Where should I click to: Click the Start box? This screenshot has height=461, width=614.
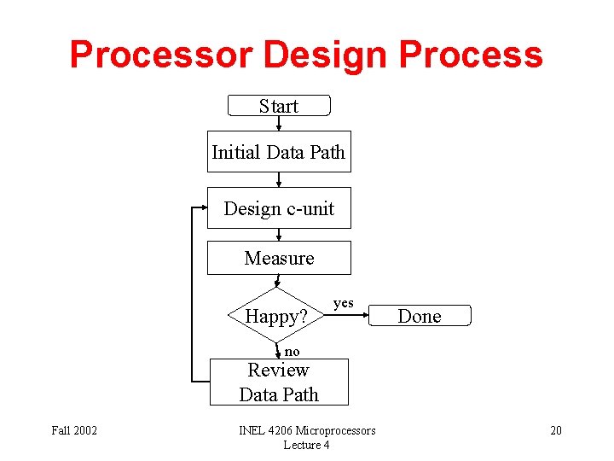[279, 106]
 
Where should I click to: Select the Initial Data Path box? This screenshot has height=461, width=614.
[278, 153]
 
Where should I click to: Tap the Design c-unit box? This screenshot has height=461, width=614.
[279, 208]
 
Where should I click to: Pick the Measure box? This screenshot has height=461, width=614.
[279, 258]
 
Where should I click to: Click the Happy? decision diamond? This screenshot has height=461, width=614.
[275, 317]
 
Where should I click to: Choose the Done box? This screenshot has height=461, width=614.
[420, 316]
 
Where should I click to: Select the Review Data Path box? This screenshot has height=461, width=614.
[279, 382]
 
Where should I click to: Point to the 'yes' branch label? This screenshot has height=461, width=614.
[343, 303]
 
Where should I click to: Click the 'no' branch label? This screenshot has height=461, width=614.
[293, 352]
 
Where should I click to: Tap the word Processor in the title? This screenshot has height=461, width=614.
[161, 55]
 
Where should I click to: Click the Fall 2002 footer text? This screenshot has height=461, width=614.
[74, 430]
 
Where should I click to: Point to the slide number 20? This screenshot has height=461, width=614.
[555, 430]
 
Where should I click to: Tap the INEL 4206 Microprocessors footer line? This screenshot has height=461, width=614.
[307, 430]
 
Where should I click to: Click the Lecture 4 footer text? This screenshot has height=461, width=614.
[307, 445]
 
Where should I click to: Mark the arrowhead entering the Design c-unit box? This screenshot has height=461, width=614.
[203, 208]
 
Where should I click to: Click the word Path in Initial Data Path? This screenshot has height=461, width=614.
[327, 153]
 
